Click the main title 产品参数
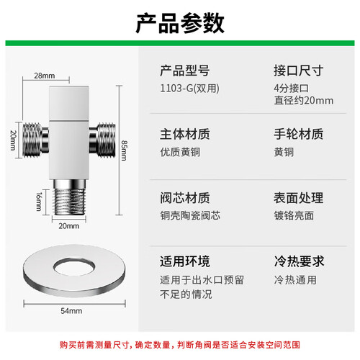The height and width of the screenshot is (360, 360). coord(180,23)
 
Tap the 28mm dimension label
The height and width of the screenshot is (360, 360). coord(45,76)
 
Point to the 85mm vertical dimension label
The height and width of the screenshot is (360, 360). coord(124,150)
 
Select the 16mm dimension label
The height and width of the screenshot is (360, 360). coord(39,202)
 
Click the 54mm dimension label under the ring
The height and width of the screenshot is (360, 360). coord(71,311)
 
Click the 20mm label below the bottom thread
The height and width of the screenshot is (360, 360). coord(69,226)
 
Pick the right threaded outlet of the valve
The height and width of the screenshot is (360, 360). coord(102,140)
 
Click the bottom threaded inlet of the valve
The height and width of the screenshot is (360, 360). coord(69,197)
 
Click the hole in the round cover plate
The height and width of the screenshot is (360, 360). coord(74,266)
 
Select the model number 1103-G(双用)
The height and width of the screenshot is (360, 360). coord(189,89)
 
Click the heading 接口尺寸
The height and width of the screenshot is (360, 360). coord(299,71)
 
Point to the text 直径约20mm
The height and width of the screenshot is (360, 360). coord(304,101)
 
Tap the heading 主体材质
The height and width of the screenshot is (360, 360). coord(185,134)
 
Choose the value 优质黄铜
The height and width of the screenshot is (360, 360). coord(180,152)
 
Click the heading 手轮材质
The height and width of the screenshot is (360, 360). coord(299,134)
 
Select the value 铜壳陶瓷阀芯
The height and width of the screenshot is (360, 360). coord(190,215)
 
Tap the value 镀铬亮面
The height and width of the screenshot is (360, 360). coord(294,215)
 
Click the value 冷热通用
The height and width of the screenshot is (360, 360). coord(295,280)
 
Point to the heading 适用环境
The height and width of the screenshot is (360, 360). coord(185,261)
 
